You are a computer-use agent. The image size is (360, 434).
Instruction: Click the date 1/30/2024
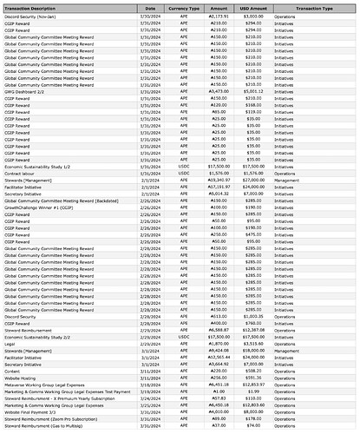click(149, 16)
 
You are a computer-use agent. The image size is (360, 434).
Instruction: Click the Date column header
click(149, 7)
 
